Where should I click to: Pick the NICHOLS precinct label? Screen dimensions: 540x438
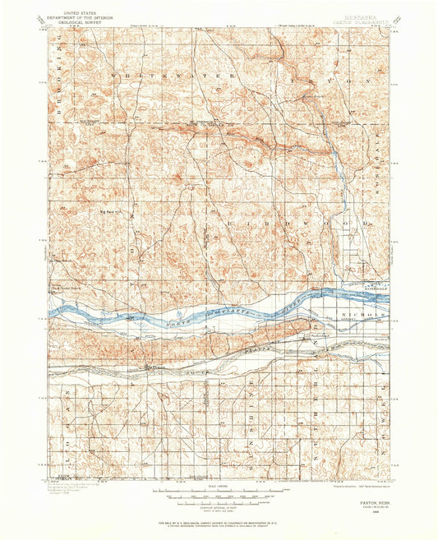coord(361,315)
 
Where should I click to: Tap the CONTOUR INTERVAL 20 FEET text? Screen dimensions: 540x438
coord(219,509)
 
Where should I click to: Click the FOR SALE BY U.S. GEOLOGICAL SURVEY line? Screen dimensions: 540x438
coord(219,523)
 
